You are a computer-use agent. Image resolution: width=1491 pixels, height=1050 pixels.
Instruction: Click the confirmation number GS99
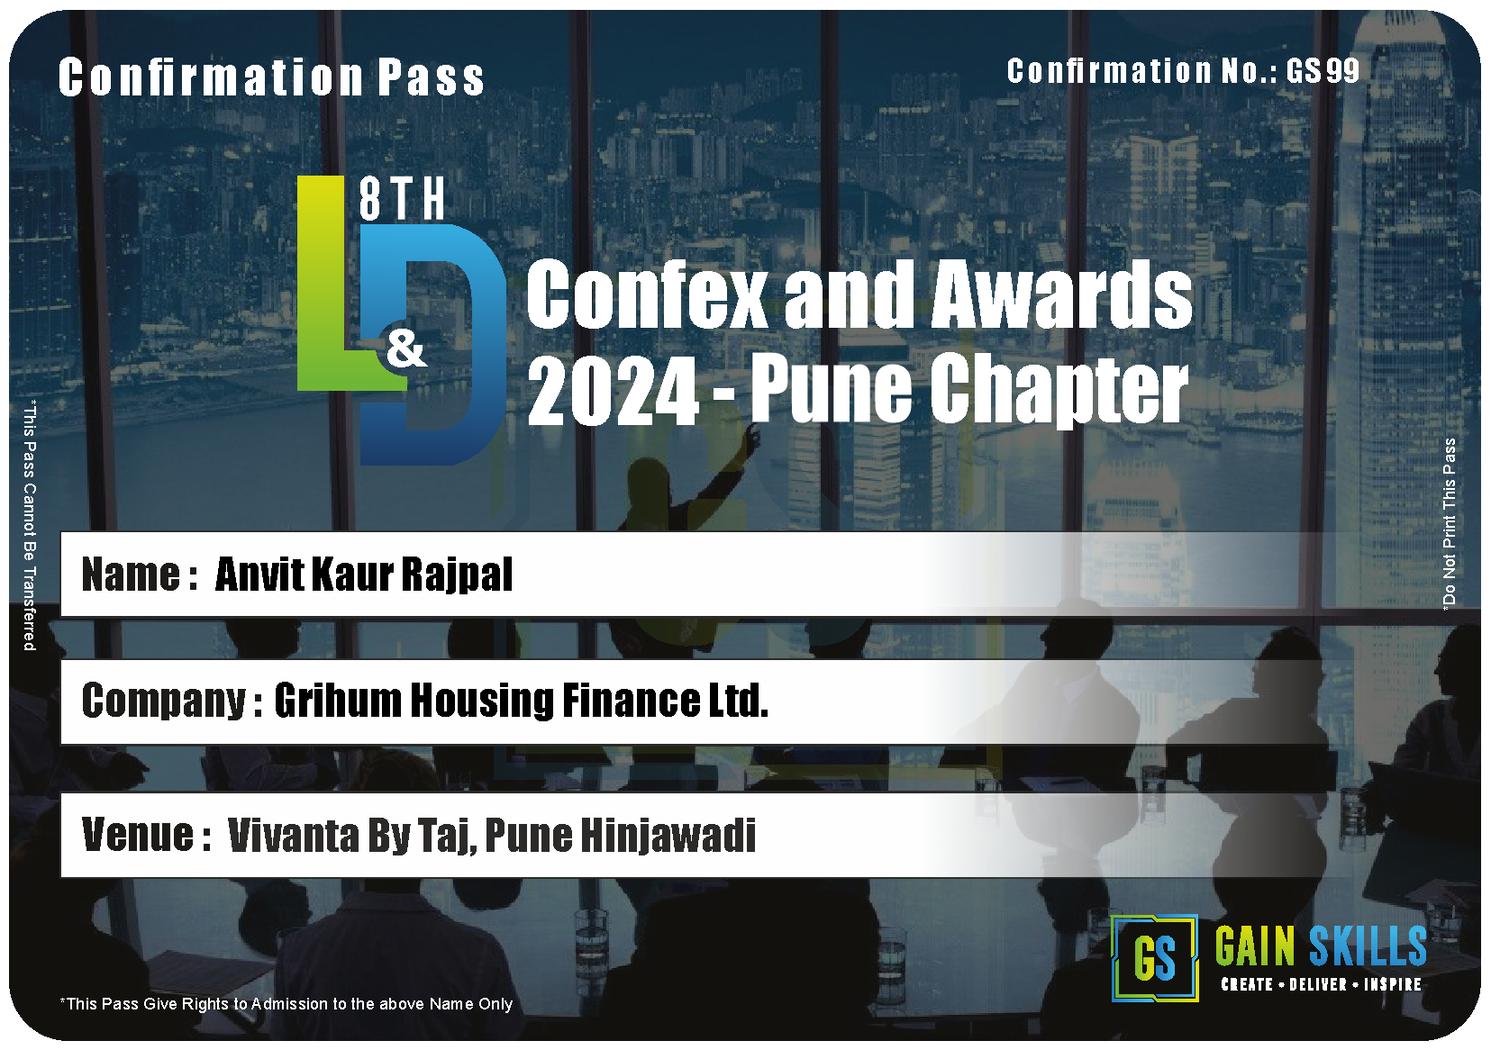1323,70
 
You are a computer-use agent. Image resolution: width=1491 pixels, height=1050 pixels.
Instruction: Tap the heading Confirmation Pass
271,77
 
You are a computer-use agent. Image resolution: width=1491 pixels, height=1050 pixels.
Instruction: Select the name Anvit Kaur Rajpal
363,574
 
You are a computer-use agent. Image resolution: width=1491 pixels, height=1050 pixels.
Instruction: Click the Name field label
139,575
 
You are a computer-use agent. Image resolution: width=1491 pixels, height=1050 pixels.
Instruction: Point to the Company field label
171,701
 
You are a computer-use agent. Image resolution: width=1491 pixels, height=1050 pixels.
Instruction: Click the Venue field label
147,835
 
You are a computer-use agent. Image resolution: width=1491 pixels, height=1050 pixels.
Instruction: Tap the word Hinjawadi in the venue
668,836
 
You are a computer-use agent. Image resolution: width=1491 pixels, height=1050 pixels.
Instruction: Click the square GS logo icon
1154,958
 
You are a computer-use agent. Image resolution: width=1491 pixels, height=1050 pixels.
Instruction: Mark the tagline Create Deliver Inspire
1321,984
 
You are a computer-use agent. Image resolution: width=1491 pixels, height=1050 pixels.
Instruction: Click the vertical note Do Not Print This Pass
1449,523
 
